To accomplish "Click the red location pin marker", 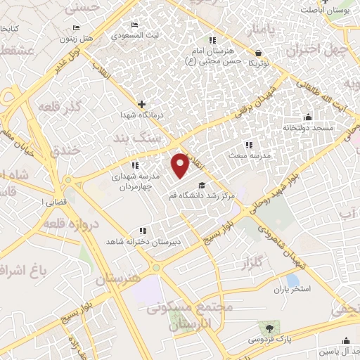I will tap(181, 165).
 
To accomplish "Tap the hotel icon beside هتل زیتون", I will tap(76, 27).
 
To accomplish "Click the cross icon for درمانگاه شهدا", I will tap(142, 104).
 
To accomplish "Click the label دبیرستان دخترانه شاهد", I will tap(149, 241).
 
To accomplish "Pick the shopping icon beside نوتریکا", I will tap(258, 53).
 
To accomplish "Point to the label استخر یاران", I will tap(296, 288).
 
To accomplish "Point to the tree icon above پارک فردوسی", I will tap(268, 327).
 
